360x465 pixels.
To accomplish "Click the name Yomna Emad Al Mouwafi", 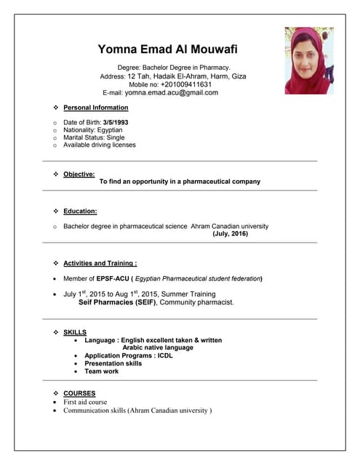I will point(167,49).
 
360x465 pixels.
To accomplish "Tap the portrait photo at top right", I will point(309,61).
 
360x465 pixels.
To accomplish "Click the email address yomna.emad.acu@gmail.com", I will point(171,93).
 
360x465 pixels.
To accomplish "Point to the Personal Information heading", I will point(95,108).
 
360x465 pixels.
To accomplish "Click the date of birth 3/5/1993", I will point(116,122).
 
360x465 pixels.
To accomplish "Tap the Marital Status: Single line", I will point(94,137).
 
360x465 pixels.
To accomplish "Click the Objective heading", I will point(79,174).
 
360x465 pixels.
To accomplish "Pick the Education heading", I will point(80,211).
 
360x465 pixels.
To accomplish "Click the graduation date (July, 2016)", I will point(230,234).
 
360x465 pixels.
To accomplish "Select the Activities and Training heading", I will point(100,263).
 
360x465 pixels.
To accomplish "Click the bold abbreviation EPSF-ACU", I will point(112,278).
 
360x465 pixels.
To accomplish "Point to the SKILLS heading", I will point(75,332).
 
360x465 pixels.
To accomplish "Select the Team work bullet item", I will point(101,371).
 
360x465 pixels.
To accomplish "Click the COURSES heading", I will point(79,393).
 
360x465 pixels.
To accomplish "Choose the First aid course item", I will point(85,402).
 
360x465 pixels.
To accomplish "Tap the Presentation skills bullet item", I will point(113,363).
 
